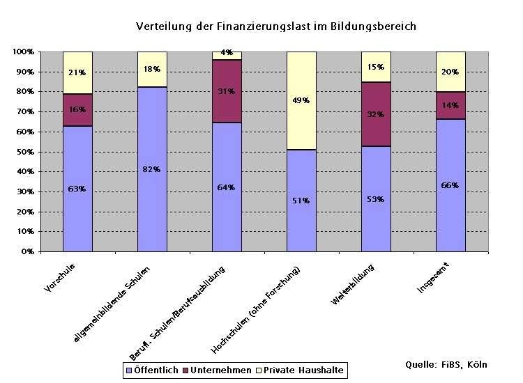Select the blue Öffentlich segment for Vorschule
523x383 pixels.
point(77,188)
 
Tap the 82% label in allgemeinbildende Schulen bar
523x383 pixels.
point(152,169)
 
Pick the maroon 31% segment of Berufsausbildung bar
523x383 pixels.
point(227,91)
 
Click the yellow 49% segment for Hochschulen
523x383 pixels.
point(301,100)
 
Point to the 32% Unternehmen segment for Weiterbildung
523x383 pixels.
point(376,114)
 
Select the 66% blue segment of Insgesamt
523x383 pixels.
point(450,185)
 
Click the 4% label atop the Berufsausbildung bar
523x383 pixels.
point(227,52)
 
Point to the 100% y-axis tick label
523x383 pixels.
point(22,52)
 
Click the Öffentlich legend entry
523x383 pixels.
point(152,370)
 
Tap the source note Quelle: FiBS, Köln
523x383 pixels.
point(446,364)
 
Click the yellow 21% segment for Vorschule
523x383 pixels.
point(77,72)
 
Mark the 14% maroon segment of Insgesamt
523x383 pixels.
point(450,105)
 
